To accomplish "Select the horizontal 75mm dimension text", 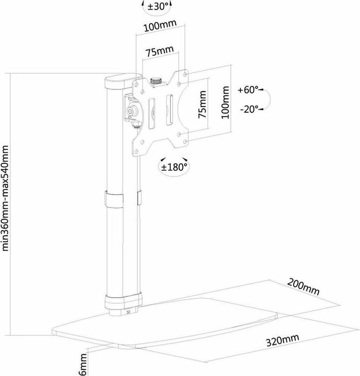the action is (x=159, y=52).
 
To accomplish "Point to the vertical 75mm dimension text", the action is (x=203, y=105).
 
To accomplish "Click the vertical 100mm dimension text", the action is (x=225, y=103).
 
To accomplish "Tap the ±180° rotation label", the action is (x=174, y=167).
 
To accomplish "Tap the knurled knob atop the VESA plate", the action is (x=155, y=81).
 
